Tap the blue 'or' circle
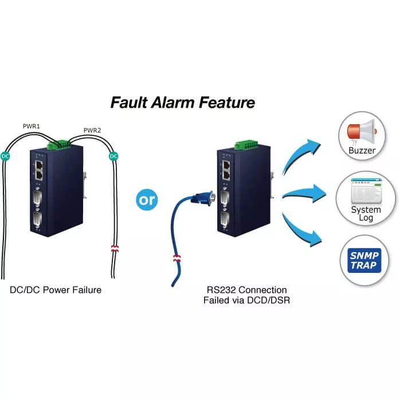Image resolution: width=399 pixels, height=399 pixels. tap(147, 201)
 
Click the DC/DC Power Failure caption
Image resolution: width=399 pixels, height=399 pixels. tap(56, 290)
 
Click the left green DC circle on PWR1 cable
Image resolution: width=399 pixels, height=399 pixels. tap(5, 155)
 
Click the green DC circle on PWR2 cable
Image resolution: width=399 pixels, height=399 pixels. tap(114, 155)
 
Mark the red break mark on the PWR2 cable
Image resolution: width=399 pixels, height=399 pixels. tap(114, 249)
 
